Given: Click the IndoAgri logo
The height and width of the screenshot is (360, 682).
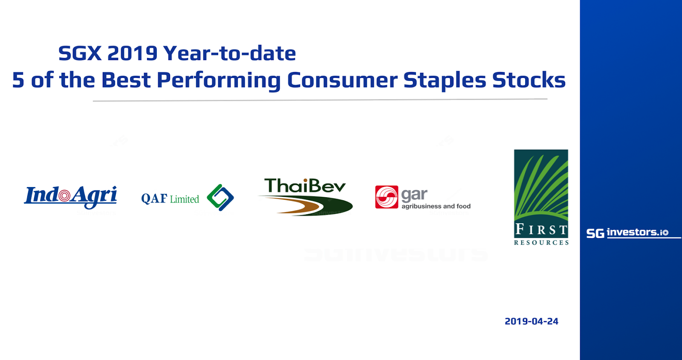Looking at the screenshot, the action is click(x=71, y=197).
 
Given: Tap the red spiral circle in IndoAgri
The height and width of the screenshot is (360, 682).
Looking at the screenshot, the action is click(x=64, y=196).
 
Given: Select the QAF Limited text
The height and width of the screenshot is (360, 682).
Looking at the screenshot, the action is click(x=170, y=199).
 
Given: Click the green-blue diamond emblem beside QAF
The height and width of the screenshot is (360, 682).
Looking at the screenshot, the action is click(x=220, y=198).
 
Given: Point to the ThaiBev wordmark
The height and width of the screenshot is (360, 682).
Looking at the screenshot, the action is click(x=305, y=186).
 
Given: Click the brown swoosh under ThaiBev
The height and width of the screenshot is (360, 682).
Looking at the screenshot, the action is click(x=292, y=205).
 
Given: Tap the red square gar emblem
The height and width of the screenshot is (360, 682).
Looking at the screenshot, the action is click(x=387, y=197).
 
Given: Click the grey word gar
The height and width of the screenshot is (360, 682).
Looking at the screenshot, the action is click(x=414, y=195).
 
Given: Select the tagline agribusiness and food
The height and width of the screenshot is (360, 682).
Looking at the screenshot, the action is click(x=436, y=206).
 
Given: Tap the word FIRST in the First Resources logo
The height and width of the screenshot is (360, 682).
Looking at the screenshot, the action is click(x=541, y=229).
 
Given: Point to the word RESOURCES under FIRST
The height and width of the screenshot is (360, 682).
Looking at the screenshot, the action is click(x=541, y=242).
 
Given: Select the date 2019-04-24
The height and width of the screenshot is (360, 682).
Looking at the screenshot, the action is click(x=531, y=321).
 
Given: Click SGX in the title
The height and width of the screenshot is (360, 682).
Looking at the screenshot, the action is click(x=80, y=53).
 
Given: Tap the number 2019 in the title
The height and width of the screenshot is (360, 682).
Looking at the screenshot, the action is click(x=132, y=53).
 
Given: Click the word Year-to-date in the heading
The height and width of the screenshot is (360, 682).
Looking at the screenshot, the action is click(x=230, y=53).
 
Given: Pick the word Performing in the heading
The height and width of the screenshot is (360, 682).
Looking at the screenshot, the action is click(x=218, y=81).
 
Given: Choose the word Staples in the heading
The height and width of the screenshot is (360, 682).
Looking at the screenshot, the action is click(x=445, y=81).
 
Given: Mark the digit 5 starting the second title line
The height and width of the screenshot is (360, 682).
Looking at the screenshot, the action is click(x=18, y=80).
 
